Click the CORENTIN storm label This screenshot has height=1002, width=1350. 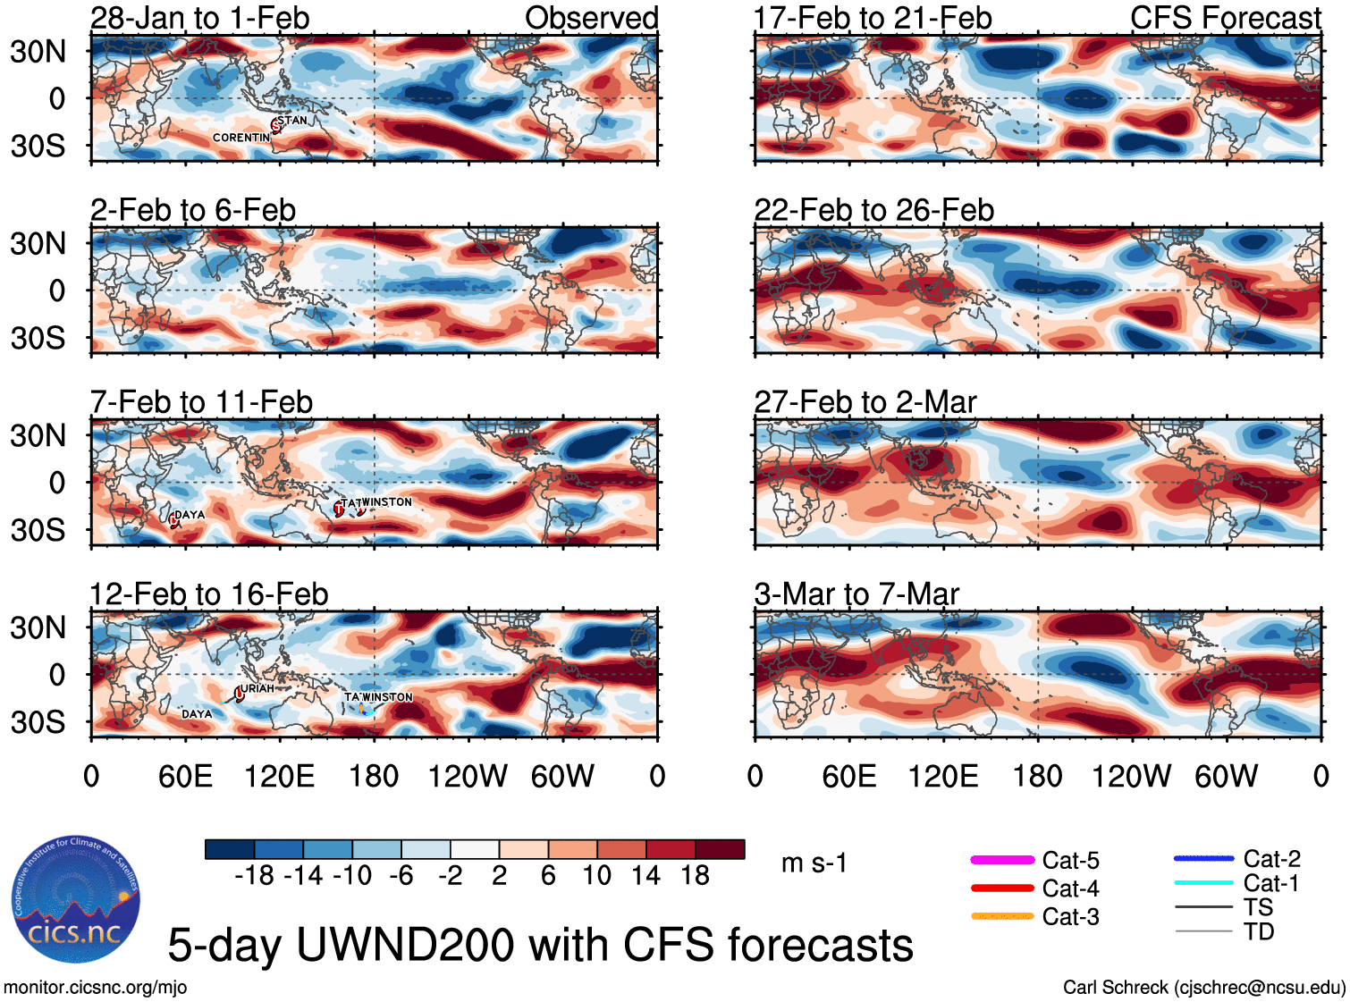(240, 138)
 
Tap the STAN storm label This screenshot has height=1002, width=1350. (292, 121)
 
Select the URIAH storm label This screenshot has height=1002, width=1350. (257, 688)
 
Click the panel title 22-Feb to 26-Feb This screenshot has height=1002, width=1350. (873, 211)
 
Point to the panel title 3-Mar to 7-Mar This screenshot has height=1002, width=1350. (856, 594)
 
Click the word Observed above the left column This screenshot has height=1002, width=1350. (591, 18)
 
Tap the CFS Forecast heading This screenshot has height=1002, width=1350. (1225, 18)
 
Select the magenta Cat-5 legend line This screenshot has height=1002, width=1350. (1002, 860)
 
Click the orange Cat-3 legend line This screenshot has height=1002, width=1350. (1002, 916)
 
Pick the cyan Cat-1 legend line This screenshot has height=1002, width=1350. (1203, 883)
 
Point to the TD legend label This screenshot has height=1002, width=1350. (1259, 931)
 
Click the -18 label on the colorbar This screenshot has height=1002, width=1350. (254, 876)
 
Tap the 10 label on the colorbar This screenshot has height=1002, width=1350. (596, 876)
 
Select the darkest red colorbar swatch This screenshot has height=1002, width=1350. (720, 849)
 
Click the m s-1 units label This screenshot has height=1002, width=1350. (814, 863)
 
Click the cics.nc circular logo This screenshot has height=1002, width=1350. (75, 900)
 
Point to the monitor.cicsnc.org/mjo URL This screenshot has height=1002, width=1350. (95, 988)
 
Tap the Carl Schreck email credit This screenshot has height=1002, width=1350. (1203, 988)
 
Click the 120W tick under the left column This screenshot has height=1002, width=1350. (467, 777)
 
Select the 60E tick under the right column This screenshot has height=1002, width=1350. (848, 777)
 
